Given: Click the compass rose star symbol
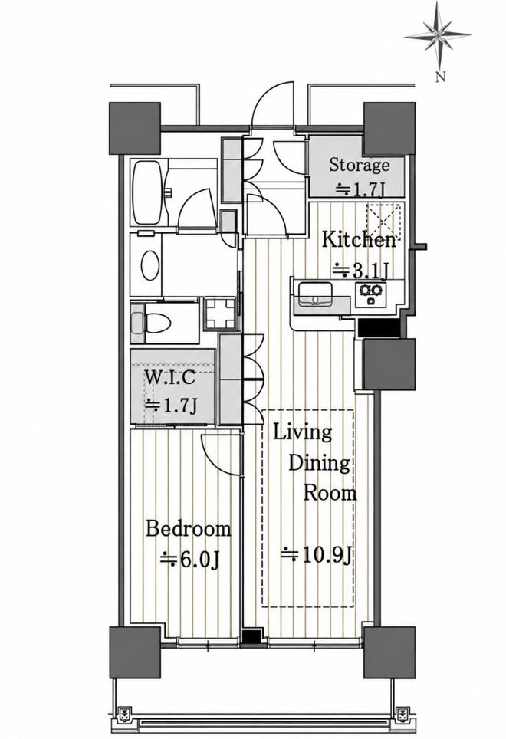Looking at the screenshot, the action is pyautogui.click(x=438, y=34).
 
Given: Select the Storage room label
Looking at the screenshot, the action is pyautogui.click(x=360, y=165).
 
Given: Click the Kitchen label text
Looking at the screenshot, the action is pyautogui.click(x=359, y=240).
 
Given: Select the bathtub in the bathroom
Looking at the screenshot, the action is pyautogui.click(x=148, y=192).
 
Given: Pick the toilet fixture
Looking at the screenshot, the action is pyautogui.click(x=148, y=323).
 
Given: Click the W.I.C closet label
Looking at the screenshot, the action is pyautogui.click(x=169, y=377).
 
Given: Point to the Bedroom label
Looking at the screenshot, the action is pyautogui.click(x=189, y=529).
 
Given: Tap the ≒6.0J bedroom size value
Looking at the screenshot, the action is pyautogui.click(x=189, y=559).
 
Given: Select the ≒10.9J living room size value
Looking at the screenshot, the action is pyautogui.click(x=317, y=555).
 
